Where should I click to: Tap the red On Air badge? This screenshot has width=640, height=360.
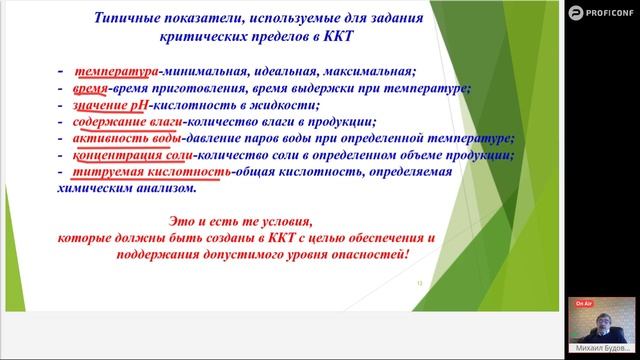583,302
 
